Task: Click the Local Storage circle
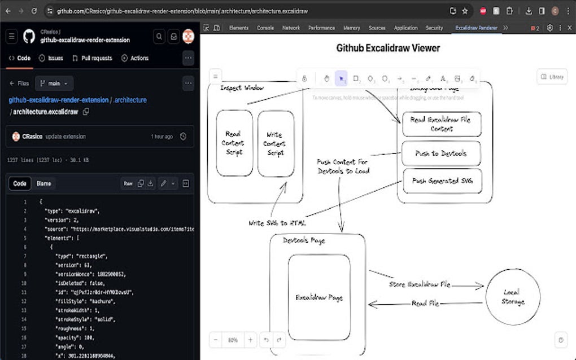point(512,297)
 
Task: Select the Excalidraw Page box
point(319,297)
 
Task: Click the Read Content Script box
point(234,143)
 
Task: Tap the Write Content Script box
point(276,144)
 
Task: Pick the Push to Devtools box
point(441,153)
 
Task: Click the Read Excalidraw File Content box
point(441,124)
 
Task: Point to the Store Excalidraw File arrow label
point(420,284)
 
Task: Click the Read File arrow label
point(425,304)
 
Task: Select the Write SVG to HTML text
point(277,223)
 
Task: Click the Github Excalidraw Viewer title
point(388,48)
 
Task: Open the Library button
point(551,77)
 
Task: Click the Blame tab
point(43,183)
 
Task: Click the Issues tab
point(51,58)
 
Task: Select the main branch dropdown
point(54,84)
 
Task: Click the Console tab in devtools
point(265,28)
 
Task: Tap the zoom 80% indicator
point(233,340)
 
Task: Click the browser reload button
point(34,11)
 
